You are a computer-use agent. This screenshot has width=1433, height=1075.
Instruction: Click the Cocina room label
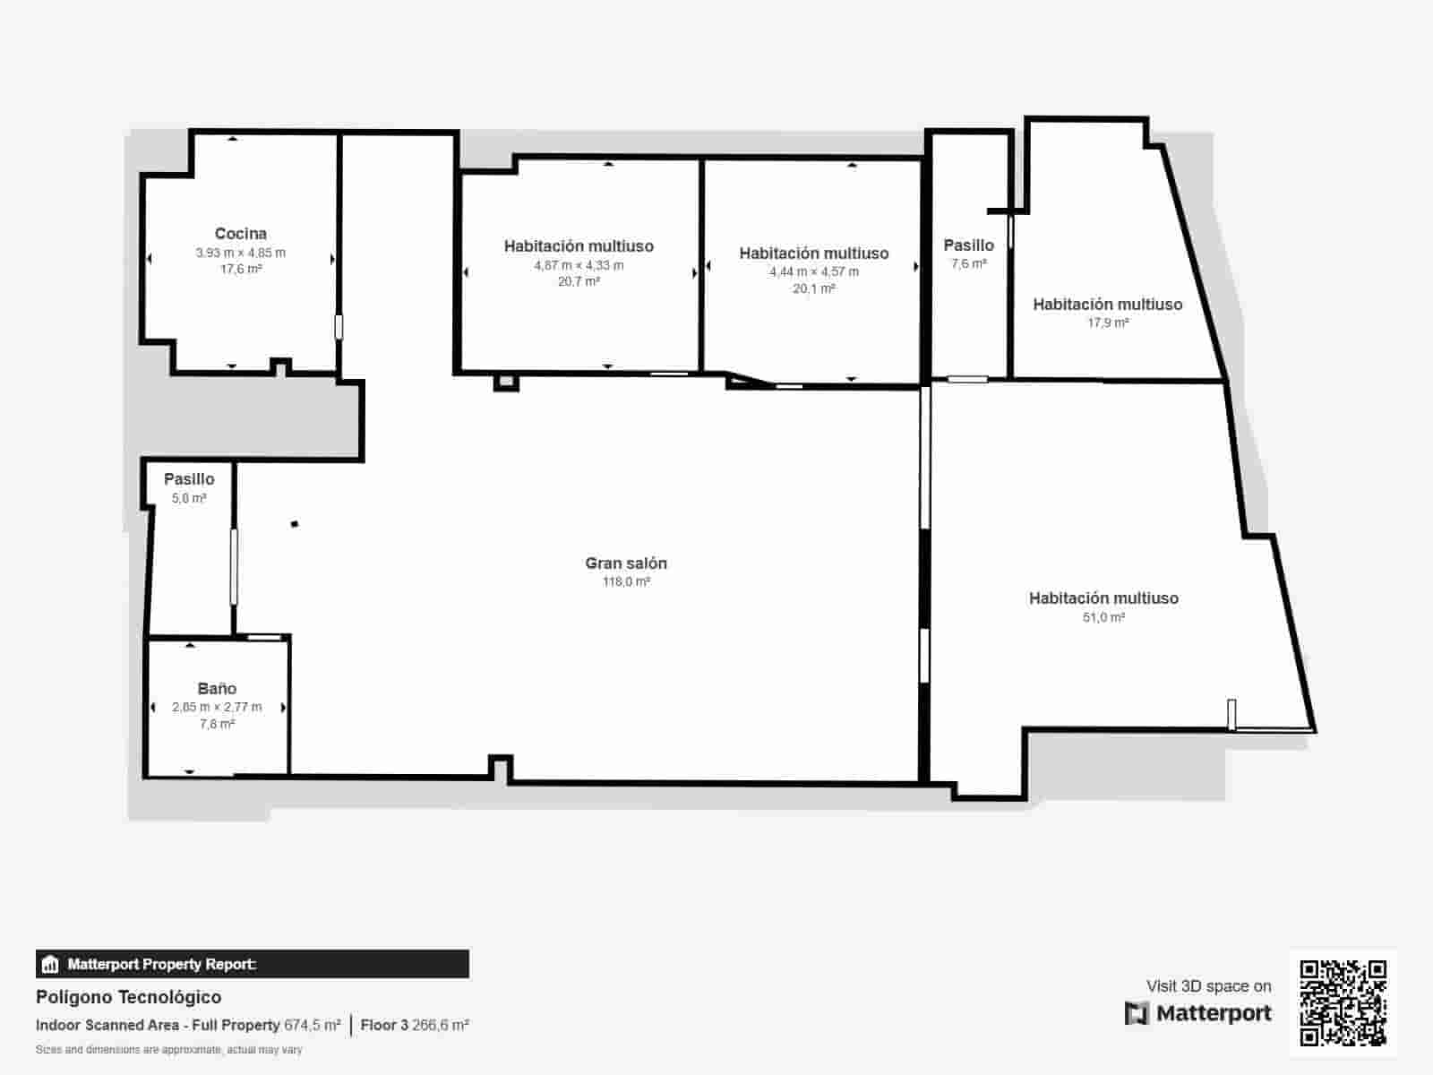coord(241,234)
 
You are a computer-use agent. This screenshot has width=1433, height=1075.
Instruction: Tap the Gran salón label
coord(626,563)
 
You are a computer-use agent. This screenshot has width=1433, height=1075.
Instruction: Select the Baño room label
coord(217,689)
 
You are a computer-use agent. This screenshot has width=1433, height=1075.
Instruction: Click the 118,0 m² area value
coord(626,582)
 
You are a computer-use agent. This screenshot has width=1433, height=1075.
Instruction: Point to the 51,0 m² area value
coord(1103,617)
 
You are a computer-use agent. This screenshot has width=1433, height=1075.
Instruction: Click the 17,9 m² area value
coord(1108,322)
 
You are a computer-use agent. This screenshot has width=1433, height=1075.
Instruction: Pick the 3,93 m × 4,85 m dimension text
coord(241,253)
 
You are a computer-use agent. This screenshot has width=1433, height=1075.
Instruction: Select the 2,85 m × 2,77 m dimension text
coord(217,707)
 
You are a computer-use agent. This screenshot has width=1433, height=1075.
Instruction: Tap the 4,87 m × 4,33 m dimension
coord(579,265)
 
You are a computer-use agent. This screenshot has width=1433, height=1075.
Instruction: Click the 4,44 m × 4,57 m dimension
coord(813,271)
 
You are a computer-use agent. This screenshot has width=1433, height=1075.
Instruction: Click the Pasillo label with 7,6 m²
coord(968,245)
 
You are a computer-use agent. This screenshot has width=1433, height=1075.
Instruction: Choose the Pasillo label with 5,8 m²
coord(189,479)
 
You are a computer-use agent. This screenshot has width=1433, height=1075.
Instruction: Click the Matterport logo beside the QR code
coord(1198,1013)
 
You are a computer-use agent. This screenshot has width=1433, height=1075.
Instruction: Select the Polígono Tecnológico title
coord(128,997)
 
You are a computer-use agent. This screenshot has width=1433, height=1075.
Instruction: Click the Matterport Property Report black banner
coord(252,965)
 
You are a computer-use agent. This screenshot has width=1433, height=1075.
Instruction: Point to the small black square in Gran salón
coord(294,524)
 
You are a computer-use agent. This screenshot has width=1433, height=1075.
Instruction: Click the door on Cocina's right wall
coord(339,326)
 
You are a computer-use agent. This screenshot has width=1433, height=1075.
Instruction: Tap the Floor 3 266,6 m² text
coord(415,1025)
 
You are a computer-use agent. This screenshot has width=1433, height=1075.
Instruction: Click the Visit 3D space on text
coord(1208,986)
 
